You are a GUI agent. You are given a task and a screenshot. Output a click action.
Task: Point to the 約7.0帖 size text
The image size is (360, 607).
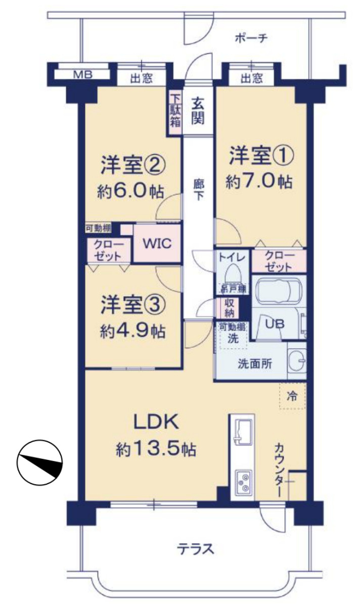pos(259,182)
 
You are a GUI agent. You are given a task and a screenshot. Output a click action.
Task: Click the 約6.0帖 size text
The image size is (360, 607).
pos(130,191)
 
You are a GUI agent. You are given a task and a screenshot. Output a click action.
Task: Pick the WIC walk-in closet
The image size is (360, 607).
pos(156,244)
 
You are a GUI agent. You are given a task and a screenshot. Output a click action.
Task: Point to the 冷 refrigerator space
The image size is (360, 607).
pos(292,396)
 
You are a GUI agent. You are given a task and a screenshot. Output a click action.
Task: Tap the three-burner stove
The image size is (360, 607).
pos(244,482)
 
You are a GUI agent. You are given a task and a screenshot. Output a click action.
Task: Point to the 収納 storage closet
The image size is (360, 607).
pos(229,307)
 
